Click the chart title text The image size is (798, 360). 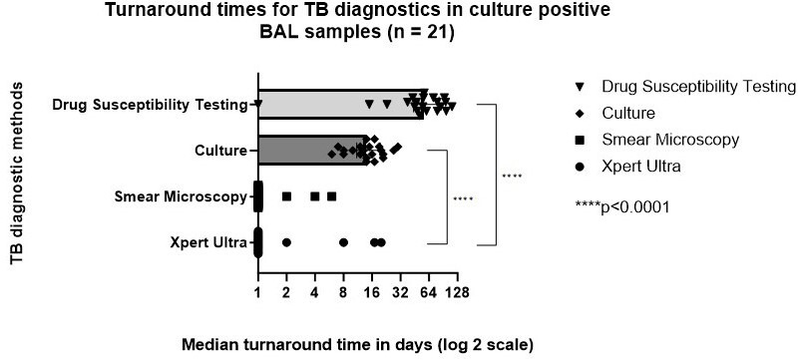tap(357, 20)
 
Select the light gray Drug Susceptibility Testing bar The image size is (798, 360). tap(340, 105)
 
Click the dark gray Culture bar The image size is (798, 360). tap(312, 150)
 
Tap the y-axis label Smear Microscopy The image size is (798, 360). tap(181, 196)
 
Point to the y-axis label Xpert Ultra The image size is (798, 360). tap(209, 242)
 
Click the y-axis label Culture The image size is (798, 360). tap(220, 151)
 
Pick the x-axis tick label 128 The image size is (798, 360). tap(458, 293)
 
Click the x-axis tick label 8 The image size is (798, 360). tap(343, 293)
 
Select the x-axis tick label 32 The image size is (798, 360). tap(401, 293)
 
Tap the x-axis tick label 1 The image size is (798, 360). tap(258, 293)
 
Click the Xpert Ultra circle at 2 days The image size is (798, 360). tap(286, 243)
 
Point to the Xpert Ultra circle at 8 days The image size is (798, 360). tap(343, 243)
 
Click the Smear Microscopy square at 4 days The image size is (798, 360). tap(315, 196)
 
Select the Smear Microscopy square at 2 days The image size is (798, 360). tap(286, 196)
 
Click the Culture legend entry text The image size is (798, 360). tap(628, 113)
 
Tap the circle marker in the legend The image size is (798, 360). tap(580, 167)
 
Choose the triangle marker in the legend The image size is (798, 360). tap(580, 87)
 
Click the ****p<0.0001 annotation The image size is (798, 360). tap(621, 207)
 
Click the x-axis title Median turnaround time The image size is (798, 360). tap(357, 345)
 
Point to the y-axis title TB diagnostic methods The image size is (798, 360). tap(16, 174)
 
